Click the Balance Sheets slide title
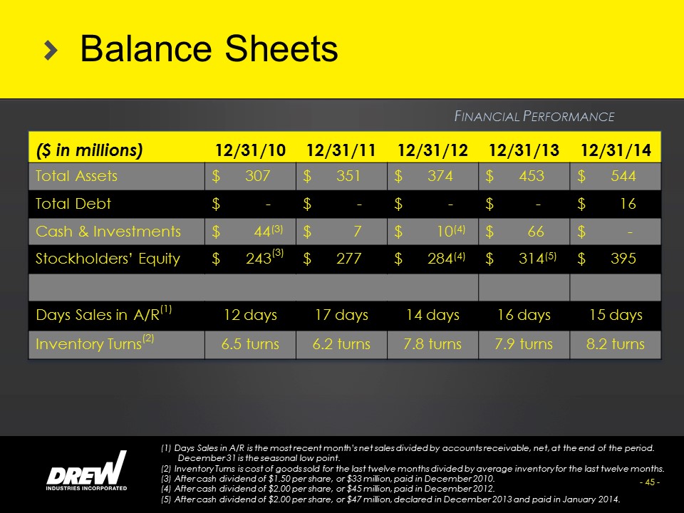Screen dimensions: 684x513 [x=209, y=49]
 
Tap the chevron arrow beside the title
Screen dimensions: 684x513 [x=51, y=51]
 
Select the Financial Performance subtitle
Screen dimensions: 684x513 [x=534, y=116]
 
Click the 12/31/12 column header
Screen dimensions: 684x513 [x=432, y=150]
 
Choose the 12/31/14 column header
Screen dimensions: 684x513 [x=616, y=150]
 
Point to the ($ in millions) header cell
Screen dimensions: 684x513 [x=90, y=150]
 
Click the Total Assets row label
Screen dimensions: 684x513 [x=76, y=176]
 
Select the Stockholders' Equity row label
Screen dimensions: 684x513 [x=108, y=259]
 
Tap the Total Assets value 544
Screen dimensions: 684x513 [x=623, y=176]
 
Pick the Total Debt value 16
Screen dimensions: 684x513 [x=628, y=204]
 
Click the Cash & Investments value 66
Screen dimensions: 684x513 [x=536, y=231]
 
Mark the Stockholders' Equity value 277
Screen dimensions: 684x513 [x=348, y=259]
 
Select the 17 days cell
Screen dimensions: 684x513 [x=341, y=315]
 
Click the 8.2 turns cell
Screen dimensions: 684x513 [x=616, y=344]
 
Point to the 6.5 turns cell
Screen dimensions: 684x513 [x=250, y=344]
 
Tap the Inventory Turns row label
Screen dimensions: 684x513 [x=95, y=343]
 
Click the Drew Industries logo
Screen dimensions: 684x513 [x=86, y=471]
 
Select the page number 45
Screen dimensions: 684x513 [x=650, y=482]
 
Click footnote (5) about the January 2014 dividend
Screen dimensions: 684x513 [x=390, y=499]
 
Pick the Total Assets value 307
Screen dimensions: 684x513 [x=257, y=176]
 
